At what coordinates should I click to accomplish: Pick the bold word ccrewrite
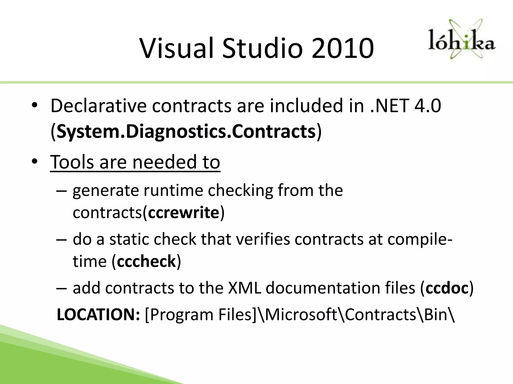184,213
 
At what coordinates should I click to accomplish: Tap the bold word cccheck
146,261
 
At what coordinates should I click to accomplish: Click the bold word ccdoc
447,288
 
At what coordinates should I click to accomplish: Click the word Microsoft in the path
300,314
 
